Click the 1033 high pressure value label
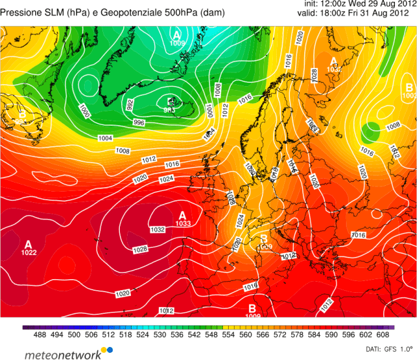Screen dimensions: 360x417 [182, 224]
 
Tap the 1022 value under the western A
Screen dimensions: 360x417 [28, 252]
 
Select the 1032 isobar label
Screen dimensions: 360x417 [157, 230]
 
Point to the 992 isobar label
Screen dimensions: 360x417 [130, 104]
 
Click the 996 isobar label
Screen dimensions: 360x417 [139, 123]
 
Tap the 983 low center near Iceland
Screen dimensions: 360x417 [171, 110]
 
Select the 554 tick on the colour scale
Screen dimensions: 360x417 [223, 336]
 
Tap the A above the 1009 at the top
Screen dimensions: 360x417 [177, 34]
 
